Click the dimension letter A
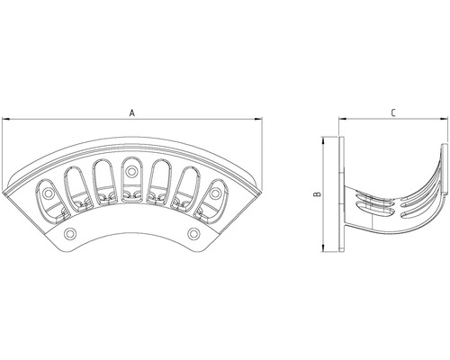[x=132, y=113]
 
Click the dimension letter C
[x=393, y=113]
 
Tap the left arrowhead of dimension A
[x=6, y=120]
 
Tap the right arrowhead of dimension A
[x=258, y=120]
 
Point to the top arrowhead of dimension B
[x=323, y=141]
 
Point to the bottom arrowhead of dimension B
[x=323, y=247]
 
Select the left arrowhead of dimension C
[x=343, y=120]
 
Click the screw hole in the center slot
[x=130, y=172]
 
